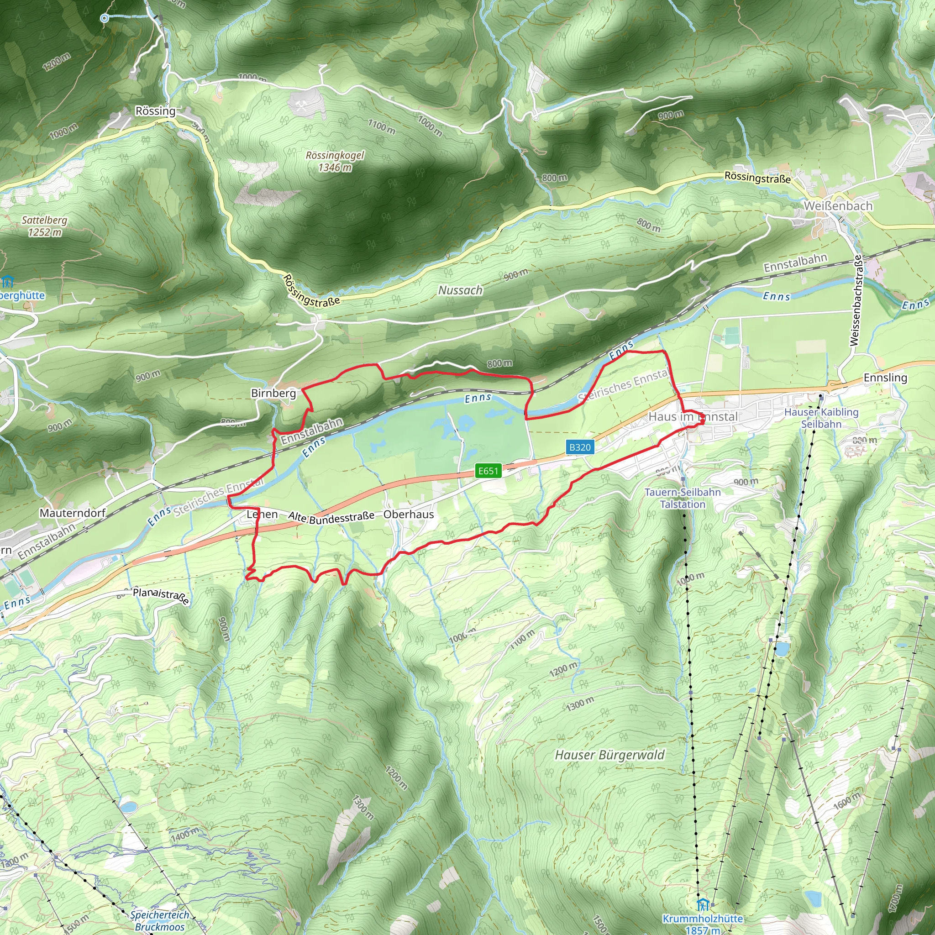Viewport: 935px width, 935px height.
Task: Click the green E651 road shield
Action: (488, 471)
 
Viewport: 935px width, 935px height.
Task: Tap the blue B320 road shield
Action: (580, 446)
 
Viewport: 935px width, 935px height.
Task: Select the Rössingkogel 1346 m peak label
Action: (335, 161)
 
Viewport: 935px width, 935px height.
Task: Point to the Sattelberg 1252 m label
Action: (45, 226)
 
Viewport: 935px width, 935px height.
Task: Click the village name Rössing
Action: (155, 111)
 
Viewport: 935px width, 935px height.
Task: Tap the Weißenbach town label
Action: (838, 206)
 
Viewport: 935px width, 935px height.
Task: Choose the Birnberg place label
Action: (273, 393)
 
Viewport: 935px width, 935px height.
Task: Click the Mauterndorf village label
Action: (73, 513)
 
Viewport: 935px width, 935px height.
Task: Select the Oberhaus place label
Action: (409, 514)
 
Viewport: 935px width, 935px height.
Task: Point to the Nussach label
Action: (460, 290)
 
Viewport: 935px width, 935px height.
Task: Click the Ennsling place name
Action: (885, 377)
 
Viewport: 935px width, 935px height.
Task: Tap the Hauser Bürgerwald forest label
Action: (610, 755)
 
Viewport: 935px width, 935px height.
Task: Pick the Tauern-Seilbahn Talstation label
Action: (683, 498)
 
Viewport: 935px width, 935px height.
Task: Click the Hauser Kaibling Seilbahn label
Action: (821, 418)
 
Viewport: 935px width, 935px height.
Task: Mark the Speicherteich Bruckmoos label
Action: (160, 920)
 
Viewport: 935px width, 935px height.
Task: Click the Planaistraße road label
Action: (161, 596)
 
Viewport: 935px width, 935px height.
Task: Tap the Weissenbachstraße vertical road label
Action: (856, 300)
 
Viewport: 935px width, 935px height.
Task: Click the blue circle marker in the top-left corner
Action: (105, 18)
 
